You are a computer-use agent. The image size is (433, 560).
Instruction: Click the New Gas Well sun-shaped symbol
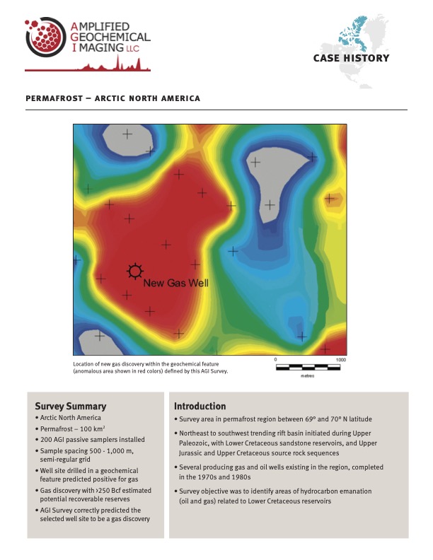[134, 270]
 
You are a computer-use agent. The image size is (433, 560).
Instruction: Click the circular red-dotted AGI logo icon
[44, 38]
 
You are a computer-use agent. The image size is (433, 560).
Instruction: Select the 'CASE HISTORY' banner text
[351, 58]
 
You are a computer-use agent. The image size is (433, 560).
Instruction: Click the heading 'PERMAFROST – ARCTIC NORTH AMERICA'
[112, 98]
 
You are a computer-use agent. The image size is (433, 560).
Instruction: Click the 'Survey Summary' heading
[71, 407]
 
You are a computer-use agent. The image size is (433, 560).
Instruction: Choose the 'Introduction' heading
[200, 407]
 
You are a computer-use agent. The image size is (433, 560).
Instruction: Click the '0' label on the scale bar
[275, 359]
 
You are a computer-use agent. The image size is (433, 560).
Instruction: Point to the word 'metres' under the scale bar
[308, 375]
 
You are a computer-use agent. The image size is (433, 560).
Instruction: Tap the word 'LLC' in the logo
[132, 48]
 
